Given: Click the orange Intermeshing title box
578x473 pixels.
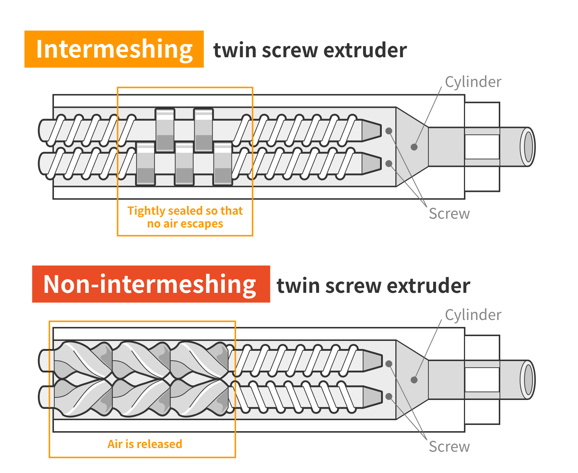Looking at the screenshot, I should point(114,49).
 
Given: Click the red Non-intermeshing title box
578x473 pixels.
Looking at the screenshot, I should point(151,284).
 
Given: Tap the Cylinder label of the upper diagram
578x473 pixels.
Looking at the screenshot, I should point(473,82).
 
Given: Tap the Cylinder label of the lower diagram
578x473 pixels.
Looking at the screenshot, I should point(473,315).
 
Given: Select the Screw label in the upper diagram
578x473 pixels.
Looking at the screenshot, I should point(449,214).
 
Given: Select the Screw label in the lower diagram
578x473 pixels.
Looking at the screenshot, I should point(449,447).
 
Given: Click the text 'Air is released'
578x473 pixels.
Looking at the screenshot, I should point(145,444).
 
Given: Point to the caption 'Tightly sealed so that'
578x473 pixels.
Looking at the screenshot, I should point(185,211).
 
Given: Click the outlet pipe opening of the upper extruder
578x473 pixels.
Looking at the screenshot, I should point(528,147).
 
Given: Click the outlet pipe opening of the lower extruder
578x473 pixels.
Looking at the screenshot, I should point(528,380).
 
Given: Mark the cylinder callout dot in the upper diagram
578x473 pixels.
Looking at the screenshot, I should point(414,147).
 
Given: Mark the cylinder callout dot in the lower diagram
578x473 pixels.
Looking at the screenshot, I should point(414,380).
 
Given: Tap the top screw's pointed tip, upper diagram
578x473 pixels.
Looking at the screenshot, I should point(372,130).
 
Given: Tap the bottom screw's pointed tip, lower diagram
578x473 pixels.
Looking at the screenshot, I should point(373,396).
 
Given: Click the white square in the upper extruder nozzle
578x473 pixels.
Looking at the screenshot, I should point(482,147).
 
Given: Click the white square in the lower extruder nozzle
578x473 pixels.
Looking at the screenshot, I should point(482,380).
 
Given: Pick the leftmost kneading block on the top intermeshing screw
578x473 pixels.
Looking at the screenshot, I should point(165,130).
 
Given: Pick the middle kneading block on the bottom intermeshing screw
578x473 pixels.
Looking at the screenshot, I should point(184,164).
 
